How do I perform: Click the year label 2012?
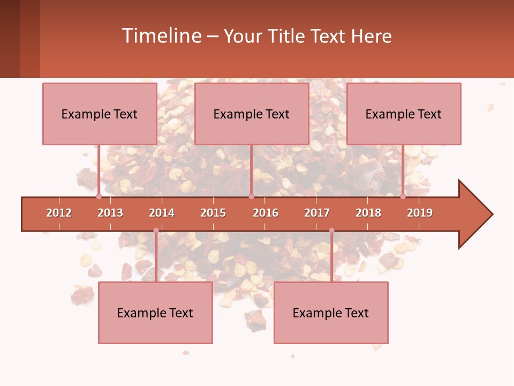(59, 213)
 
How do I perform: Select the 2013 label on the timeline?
(110, 213)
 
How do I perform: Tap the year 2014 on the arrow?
(162, 213)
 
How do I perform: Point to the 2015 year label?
(213, 213)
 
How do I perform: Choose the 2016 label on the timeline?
(266, 213)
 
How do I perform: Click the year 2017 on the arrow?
(317, 213)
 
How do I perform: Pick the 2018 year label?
(368, 213)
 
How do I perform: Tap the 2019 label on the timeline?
(420, 213)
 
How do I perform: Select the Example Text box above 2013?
(100, 114)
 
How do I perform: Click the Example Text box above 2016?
(252, 114)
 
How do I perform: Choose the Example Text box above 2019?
(404, 114)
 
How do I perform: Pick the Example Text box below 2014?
(155, 313)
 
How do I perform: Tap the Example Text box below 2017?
(331, 313)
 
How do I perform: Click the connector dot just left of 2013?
(99, 196)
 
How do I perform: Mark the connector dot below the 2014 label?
(156, 231)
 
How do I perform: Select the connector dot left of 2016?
(251, 196)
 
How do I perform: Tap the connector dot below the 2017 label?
(331, 231)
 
